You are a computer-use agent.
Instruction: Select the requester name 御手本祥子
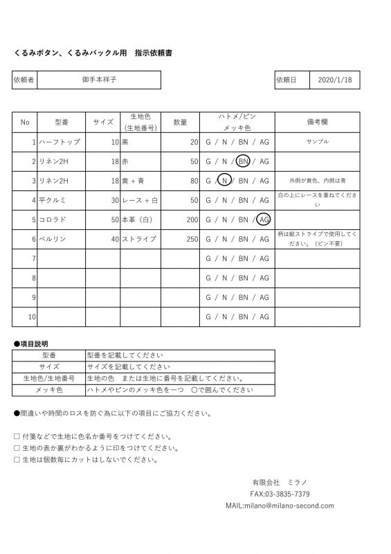point(98,80)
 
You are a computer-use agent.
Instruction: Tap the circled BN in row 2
point(244,161)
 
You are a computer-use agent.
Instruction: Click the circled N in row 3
point(224,181)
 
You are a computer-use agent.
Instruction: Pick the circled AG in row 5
point(264,220)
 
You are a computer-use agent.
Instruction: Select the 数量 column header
point(180,122)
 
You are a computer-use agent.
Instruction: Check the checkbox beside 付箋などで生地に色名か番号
point(17,437)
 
